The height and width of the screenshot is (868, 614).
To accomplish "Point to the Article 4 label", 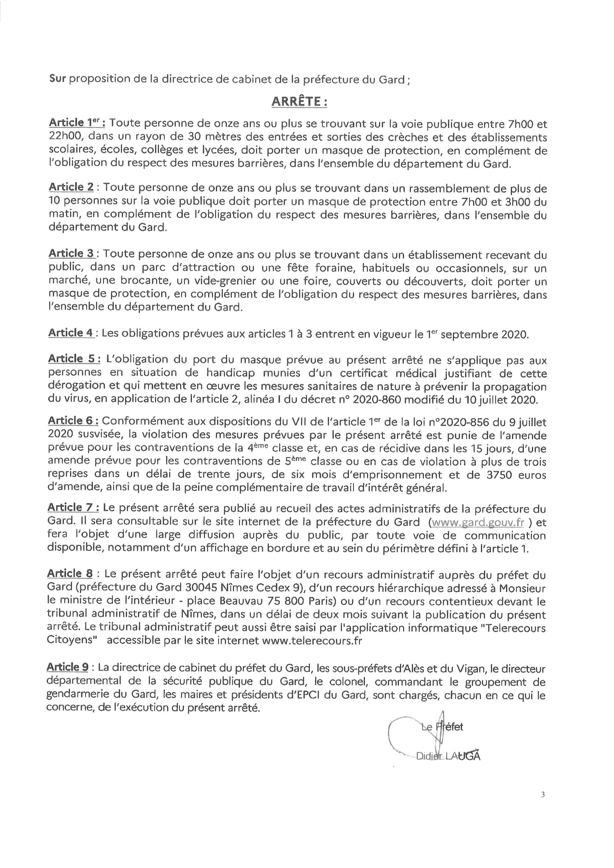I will point(71,333).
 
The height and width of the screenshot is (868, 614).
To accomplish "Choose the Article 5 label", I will point(74,359).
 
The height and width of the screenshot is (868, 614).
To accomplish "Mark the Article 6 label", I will point(73,421).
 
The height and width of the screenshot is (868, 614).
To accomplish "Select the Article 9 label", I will point(67,667).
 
